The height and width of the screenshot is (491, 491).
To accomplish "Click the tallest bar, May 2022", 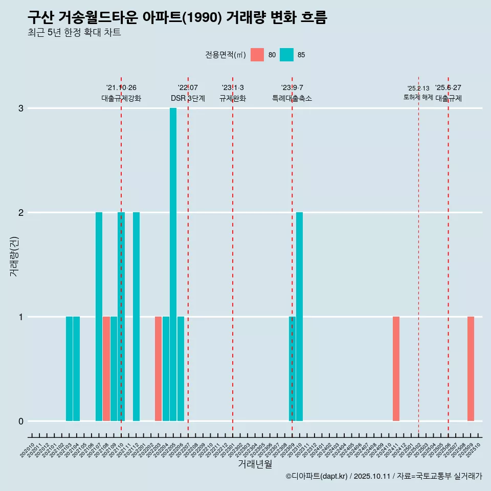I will (x=173, y=264).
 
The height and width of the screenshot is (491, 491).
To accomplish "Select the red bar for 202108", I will (x=106, y=369).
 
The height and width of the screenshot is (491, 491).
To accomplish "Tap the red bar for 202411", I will (x=396, y=369).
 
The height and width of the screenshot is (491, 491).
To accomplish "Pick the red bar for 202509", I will (x=471, y=369).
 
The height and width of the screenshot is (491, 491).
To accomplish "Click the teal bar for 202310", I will (x=299, y=317).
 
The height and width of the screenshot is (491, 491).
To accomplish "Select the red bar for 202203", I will (x=158, y=369).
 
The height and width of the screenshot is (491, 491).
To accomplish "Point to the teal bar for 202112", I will (x=136, y=317).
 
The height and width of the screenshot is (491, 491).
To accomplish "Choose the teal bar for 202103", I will (x=69, y=369).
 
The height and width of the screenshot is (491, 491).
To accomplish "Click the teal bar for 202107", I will (x=99, y=317).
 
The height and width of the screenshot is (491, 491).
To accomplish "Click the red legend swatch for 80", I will (x=257, y=55).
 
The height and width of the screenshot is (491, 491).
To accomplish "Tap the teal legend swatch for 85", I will (x=287, y=55).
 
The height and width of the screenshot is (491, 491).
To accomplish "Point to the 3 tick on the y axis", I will (x=21, y=108).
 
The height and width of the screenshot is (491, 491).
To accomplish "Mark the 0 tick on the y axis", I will (x=21, y=421).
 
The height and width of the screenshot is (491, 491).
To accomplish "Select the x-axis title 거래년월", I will (x=255, y=464).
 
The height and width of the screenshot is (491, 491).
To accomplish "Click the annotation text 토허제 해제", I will (x=418, y=97).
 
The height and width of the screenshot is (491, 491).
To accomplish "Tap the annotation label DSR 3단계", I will (x=188, y=98).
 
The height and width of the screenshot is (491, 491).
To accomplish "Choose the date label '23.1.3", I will (x=233, y=88).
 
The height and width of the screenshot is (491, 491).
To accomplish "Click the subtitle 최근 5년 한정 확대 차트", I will (x=74, y=33).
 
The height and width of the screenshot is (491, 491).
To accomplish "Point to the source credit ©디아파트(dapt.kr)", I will (x=317, y=476).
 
